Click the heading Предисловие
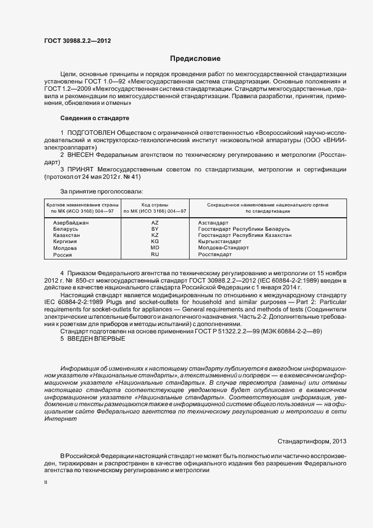click(x=195, y=58)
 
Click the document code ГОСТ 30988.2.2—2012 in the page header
click(x=74, y=41)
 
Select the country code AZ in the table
click(x=155, y=223)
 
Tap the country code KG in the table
click(x=155, y=241)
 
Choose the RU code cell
click(x=155, y=254)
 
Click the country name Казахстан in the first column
click(x=65, y=235)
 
